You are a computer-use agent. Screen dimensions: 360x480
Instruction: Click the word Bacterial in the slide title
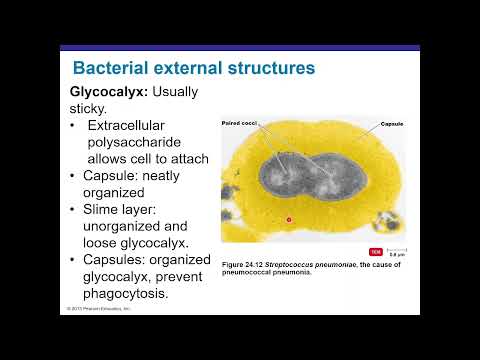pyautogui.click(x=112, y=68)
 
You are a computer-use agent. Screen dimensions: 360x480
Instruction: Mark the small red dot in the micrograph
pyautogui.click(x=288, y=217)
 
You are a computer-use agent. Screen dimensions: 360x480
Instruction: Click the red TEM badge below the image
pyautogui.click(x=375, y=251)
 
